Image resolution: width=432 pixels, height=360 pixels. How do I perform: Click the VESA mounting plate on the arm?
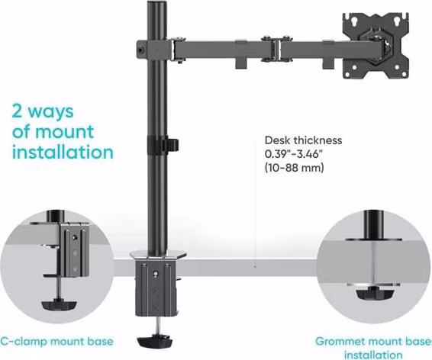tap(376, 46)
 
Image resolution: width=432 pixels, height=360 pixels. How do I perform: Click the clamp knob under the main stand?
tap(155, 341)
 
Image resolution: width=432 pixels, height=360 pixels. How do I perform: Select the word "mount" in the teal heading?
tap(65, 132)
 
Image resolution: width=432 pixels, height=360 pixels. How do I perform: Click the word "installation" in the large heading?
tap(63, 153)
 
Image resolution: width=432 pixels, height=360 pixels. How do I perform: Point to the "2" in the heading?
tap(17, 111)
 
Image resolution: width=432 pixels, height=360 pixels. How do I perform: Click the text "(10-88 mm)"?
tap(295, 167)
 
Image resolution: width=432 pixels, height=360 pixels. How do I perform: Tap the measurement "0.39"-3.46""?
tap(293, 154)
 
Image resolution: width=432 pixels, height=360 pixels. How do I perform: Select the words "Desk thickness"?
tap(303, 140)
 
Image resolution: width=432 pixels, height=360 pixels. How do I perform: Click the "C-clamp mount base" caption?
tap(56, 341)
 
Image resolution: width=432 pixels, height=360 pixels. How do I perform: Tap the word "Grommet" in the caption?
tap(340, 341)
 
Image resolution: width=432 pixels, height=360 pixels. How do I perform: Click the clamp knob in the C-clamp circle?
tap(59, 305)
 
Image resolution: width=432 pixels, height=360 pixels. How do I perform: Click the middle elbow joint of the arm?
tap(276, 49)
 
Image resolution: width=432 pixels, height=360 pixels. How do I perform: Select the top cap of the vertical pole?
tap(157, 3)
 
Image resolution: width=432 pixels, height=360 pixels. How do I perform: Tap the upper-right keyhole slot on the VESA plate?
tap(396, 21)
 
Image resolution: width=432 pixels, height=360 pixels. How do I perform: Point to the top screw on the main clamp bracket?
tap(156, 274)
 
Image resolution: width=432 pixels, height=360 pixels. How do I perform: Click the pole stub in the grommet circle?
tap(373, 224)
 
